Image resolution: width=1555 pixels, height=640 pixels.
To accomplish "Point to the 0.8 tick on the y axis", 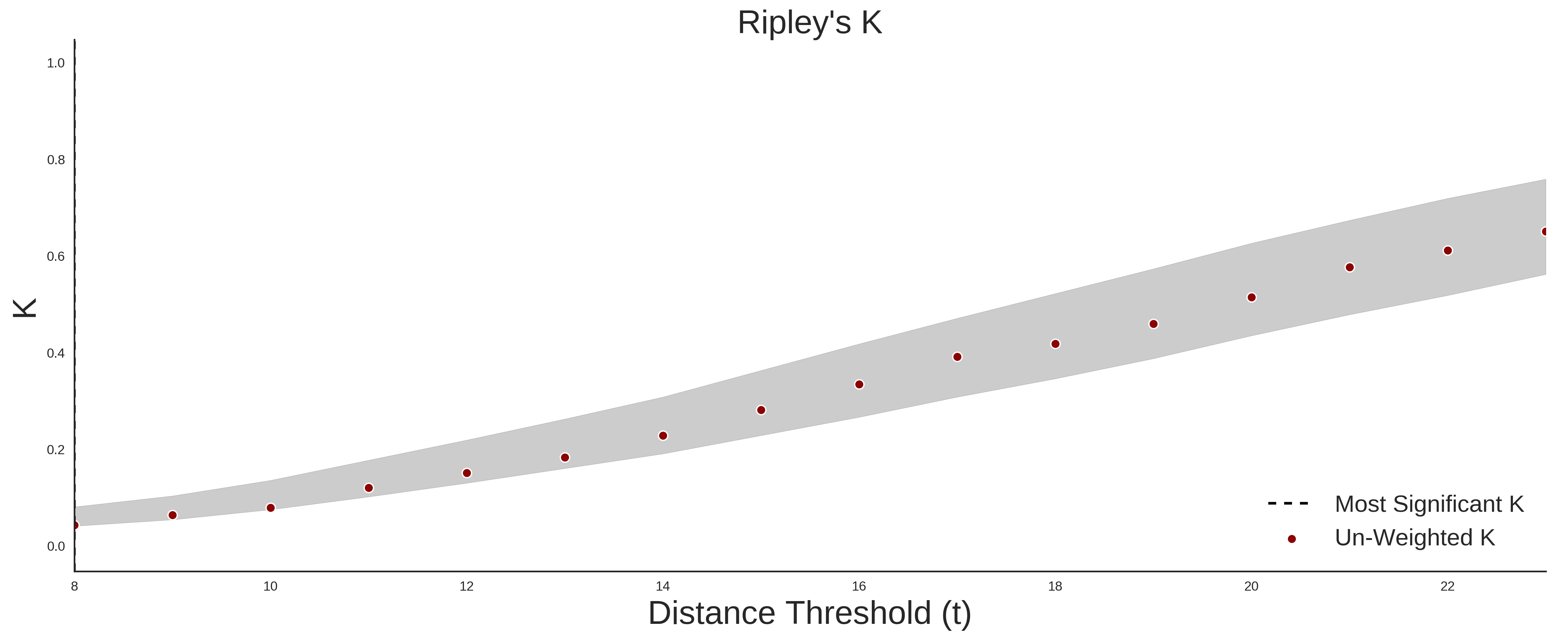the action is pyautogui.click(x=56, y=160).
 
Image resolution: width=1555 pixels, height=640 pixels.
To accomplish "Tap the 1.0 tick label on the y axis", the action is pyautogui.click(x=56, y=63).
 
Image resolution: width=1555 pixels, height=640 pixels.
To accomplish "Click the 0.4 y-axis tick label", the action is pyautogui.click(x=56, y=353).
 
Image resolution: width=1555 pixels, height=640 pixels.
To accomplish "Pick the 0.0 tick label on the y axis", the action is pyautogui.click(x=56, y=546).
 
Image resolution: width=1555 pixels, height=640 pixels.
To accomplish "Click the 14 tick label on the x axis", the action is pyautogui.click(x=663, y=586).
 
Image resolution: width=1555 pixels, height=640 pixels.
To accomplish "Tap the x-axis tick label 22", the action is pyautogui.click(x=1447, y=586).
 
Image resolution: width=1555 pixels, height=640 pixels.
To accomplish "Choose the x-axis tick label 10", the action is pyautogui.click(x=271, y=586).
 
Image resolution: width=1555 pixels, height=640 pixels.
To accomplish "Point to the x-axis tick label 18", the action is pyautogui.click(x=1055, y=586).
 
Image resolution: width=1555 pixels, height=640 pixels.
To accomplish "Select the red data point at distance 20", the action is pyautogui.click(x=1251, y=298).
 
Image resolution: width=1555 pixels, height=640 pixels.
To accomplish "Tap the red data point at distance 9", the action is pyautogui.click(x=173, y=515).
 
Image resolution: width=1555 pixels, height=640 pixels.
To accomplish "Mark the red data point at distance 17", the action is pyautogui.click(x=957, y=357).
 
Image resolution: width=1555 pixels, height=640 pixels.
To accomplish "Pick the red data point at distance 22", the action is pyautogui.click(x=1447, y=251).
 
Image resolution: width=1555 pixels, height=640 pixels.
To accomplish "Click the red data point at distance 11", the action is pyautogui.click(x=369, y=488).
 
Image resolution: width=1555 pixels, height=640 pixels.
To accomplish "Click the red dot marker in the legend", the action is pyautogui.click(x=1291, y=539).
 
